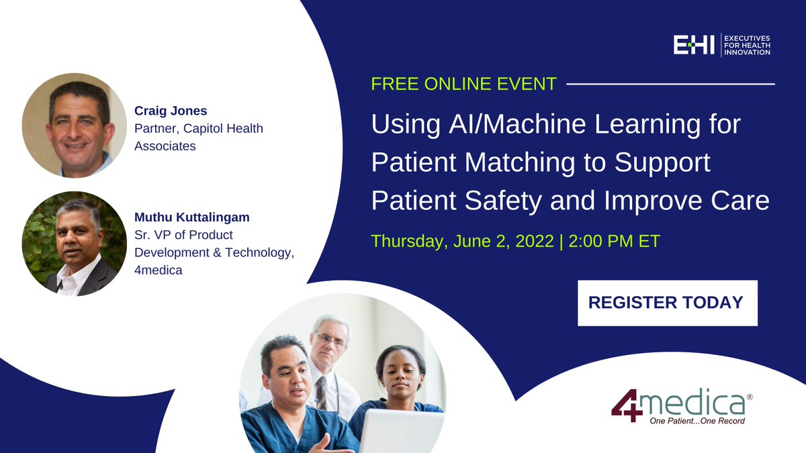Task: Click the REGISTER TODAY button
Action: (668, 303)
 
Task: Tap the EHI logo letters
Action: (694, 45)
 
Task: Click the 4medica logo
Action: (682, 406)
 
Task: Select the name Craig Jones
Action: (171, 111)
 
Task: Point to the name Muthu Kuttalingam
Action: (192, 217)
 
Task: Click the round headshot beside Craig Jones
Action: (75, 125)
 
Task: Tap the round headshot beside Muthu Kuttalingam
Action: (75, 244)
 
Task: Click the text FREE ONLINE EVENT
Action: (464, 84)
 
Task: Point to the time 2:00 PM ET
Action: (614, 241)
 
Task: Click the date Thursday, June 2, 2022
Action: (462, 241)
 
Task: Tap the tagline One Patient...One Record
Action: (697, 421)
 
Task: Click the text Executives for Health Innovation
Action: (747, 46)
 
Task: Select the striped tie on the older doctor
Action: (321, 393)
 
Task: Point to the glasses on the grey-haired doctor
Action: (330, 340)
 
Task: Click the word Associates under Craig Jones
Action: (165, 146)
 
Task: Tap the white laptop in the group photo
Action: (401, 431)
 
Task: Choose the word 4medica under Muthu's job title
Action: (159, 270)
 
